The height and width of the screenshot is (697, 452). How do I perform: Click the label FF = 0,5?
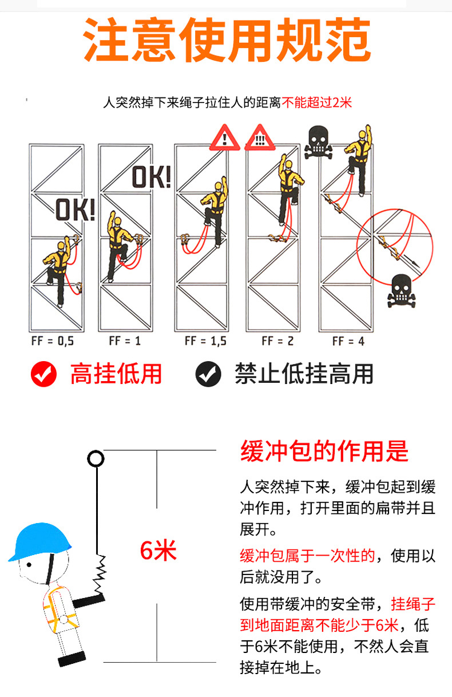click(x=52, y=341)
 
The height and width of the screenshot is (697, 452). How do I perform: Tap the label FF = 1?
click(x=125, y=341)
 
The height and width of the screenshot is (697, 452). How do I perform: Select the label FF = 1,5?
click(x=205, y=341)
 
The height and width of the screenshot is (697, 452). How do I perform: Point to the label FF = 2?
click(x=277, y=341)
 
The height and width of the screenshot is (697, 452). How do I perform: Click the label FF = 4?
click(x=348, y=341)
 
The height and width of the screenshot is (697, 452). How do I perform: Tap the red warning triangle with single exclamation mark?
click(x=226, y=138)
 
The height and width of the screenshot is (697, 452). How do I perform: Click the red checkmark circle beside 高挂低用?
click(x=44, y=374)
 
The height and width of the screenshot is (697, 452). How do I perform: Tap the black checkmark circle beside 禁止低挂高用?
click(x=208, y=374)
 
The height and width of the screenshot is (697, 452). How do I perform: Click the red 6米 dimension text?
click(x=158, y=551)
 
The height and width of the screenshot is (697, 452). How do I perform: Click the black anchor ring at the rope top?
click(x=96, y=459)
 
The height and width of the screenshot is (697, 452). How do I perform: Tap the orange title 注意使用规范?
click(x=227, y=40)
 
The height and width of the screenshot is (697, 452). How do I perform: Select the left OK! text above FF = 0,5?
click(x=75, y=211)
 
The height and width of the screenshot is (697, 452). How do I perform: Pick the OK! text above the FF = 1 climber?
click(x=152, y=177)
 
